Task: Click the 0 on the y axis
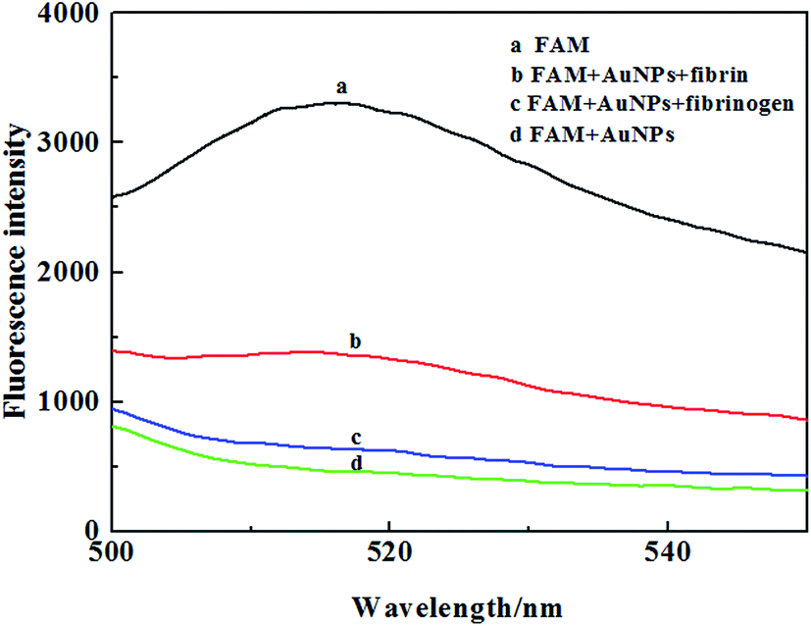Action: [93, 530]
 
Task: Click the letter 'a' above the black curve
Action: [341, 87]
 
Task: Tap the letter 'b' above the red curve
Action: [357, 340]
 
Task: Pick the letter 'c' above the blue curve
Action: [357, 437]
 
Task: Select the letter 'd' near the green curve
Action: [357, 462]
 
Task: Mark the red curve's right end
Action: [806, 419]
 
